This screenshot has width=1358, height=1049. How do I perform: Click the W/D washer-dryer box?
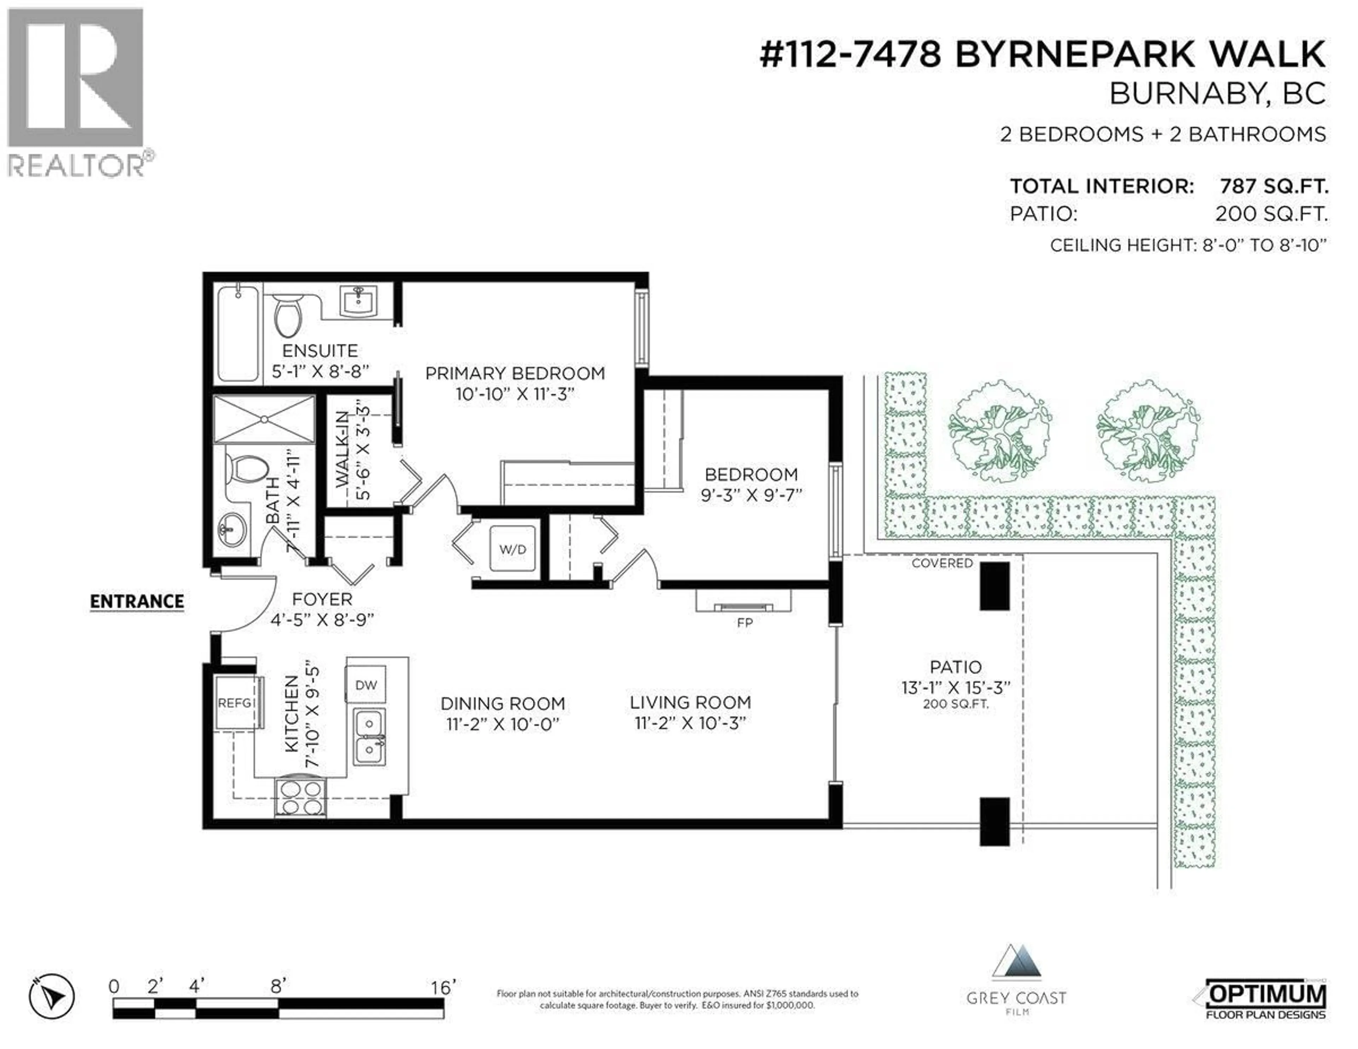tap(512, 549)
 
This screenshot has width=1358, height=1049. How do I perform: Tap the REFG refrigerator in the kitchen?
tap(235, 703)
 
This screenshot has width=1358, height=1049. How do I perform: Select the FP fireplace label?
tap(744, 622)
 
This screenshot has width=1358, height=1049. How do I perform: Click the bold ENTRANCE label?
tap(137, 601)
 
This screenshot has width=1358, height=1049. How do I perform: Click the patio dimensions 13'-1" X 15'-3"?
tap(956, 688)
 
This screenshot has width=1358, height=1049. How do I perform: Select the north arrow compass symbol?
tap(52, 997)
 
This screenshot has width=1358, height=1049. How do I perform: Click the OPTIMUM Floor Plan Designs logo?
tap(1265, 999)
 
